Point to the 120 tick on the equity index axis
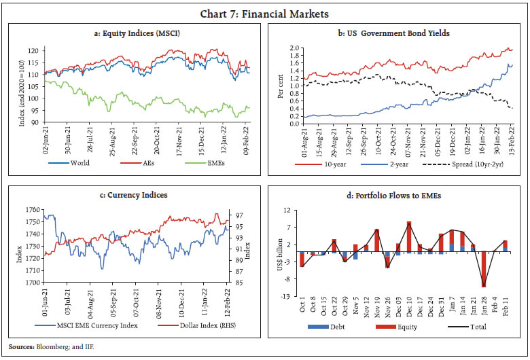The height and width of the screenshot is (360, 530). (33, 50)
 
